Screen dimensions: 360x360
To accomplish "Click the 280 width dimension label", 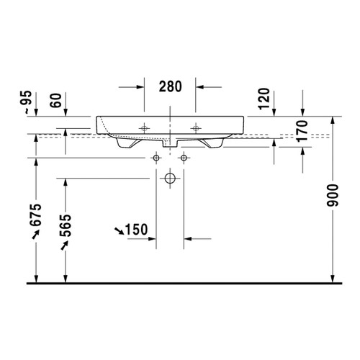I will pos(170,87).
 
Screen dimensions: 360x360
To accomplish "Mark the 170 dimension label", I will pos(302,132).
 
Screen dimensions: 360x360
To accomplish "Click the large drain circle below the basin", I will pos(170,177).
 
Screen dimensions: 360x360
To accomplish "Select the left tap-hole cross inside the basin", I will pos(145,127).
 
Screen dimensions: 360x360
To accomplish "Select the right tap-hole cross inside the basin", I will pos(194,127).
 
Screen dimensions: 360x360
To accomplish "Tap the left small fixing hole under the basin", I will pos(156,157).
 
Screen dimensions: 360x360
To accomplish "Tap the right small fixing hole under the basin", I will pos(184,157).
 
